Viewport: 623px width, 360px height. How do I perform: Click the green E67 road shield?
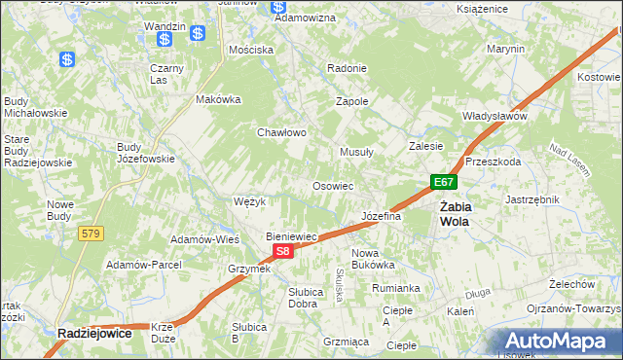click(x=444, y=182)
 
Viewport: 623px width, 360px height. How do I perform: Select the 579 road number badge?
click(x=92, y=234)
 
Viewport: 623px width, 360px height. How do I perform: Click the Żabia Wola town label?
click(x=454, y=214)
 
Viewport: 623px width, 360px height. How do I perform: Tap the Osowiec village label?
click(x=332, y=186)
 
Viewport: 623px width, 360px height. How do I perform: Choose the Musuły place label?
click(x=356, y=152)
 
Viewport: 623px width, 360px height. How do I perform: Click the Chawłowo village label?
click(x=282, y=132)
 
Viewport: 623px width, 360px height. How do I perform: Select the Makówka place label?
click(x=218, y=99)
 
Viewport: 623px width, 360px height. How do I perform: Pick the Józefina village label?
click(x=382, y=216)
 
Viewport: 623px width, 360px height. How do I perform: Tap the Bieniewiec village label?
click(x=293, y=236)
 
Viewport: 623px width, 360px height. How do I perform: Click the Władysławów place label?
click(x=495, y=116)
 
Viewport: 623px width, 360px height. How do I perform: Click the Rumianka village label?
click(x=395, y=288)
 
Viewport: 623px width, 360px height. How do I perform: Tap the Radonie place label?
click(x=348, y=68)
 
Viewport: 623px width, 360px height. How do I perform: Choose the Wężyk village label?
click(x=250, y=201)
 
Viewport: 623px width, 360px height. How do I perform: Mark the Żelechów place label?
click(x=571, y=284)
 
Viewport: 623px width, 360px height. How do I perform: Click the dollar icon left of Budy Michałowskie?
click(x=67, y=60)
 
